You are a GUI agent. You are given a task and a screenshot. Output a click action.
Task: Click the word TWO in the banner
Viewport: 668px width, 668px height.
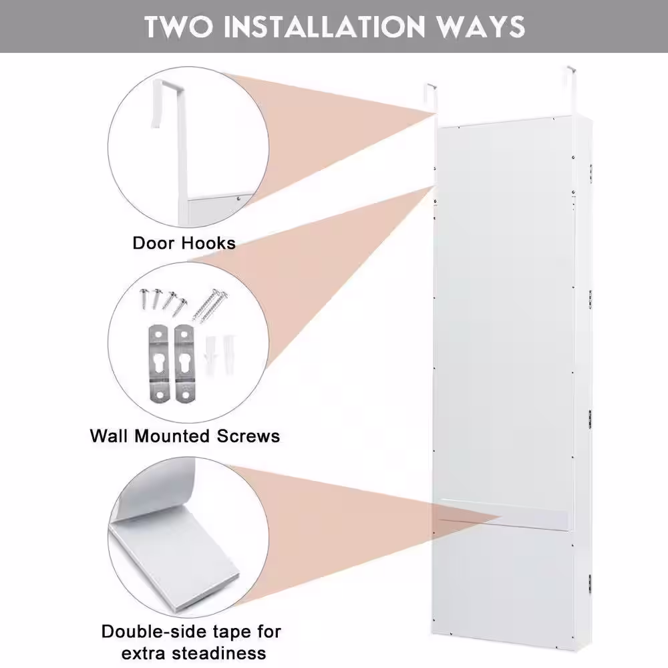[178, 27]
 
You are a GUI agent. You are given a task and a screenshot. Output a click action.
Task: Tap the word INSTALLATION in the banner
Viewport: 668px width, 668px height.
[324, 27]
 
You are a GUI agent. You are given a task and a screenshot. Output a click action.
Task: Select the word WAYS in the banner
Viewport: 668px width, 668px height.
[481, 27]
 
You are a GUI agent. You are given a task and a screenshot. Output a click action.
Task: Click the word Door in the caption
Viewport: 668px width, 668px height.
[154, 243]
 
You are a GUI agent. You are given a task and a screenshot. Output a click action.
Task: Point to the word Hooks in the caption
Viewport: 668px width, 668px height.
[208, 243]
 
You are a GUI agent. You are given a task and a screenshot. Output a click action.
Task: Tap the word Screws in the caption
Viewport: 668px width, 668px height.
[248, 436]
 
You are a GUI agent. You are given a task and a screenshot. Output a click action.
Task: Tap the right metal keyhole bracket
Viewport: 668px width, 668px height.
[184, 363]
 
